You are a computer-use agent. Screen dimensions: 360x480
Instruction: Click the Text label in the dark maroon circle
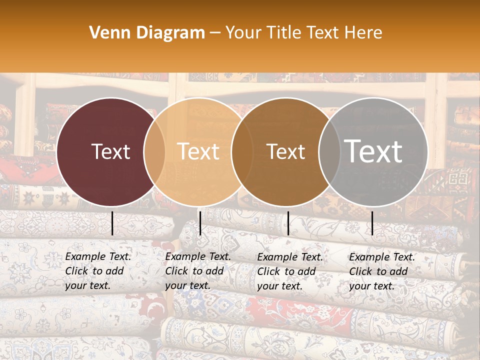pos(110,151)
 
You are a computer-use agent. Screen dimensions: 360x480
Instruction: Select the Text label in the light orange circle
pos(198,151)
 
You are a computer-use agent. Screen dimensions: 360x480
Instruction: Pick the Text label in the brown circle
pos(285,151)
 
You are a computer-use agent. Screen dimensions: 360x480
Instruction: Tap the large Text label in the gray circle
pos(373,151)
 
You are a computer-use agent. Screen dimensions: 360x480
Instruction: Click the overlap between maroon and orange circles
pos(154,151)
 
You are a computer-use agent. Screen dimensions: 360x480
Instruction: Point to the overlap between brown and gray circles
pos(329,151)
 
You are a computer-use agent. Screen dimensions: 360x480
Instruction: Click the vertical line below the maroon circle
pos(112,223)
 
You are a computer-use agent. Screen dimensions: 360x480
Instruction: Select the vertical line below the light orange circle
pos(200,223)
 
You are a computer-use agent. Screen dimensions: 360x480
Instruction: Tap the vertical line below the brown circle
pos(288,223)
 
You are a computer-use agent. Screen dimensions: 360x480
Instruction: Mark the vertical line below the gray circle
pos(372,223)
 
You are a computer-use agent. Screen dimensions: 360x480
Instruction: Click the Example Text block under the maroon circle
pos(97,271)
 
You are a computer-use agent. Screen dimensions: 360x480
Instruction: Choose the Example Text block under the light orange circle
pos(197,271)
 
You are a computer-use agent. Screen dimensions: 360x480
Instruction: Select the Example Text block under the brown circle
pos(289,271)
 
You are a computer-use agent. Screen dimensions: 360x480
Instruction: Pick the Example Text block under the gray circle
pos(381,271)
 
